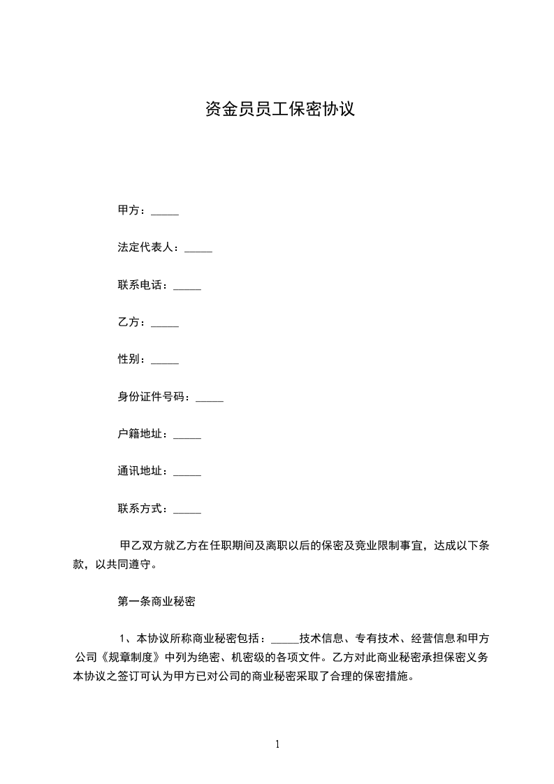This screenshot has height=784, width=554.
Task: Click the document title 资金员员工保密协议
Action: click(280, 109)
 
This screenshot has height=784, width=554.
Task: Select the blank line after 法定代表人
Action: click(198, 249)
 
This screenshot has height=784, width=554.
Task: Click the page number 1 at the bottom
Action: click(277, 744)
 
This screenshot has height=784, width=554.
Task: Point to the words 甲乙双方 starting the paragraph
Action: click(143, 546)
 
